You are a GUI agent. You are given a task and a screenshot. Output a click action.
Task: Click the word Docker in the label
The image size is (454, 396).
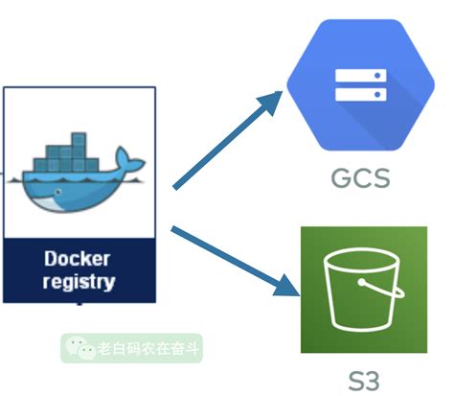(78, 258)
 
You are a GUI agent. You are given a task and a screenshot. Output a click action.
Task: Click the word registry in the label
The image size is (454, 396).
(79, 282)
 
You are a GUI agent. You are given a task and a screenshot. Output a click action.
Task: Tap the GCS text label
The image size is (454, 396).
(361, 177)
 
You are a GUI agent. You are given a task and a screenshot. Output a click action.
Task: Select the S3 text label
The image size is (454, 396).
(364, 381)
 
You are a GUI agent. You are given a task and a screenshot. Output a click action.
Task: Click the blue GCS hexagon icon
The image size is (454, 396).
(361, 84)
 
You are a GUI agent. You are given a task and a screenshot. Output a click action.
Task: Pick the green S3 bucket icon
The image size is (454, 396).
(364, 290)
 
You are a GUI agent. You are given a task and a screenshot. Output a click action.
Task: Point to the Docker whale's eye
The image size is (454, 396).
(58, 192)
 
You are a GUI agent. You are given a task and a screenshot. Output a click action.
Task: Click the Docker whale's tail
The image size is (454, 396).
(128, 160)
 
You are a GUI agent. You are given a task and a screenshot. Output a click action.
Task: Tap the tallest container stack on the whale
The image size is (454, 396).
(79, 151)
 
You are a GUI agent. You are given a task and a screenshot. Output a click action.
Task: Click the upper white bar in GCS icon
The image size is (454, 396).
(361, 76)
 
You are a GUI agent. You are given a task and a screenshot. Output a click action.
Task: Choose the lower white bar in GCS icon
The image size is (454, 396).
(361, 95)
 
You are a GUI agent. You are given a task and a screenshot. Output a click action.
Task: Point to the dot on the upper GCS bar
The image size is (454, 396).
(377, 76)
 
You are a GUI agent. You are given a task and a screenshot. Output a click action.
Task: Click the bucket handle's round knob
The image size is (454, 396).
(362, 283)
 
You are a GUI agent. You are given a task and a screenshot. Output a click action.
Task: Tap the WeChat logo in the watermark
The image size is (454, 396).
(80, 348)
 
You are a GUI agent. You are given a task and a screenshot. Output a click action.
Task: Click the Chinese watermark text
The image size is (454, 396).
(148, 348)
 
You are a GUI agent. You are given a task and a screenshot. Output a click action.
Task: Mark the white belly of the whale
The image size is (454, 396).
(46, 203)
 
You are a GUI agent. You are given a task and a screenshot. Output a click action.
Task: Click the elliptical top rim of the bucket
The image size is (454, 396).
(362, 261)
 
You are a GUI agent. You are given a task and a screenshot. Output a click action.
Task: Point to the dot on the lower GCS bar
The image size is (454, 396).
(377, 95)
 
